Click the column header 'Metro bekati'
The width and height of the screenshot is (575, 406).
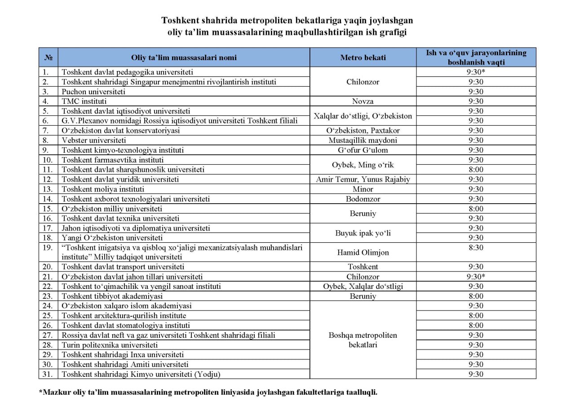tap(363, 57)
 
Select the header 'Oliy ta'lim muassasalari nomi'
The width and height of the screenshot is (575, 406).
tap(183, 57)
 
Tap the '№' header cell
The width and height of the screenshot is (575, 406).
tap(49, 57)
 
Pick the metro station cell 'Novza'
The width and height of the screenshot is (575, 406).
tap(363, 101)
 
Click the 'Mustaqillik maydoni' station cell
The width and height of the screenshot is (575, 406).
tap(363, 140)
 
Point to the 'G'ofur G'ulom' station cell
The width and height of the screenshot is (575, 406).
tap(363, 150)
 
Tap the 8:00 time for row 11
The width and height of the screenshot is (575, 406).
tap(476, 170)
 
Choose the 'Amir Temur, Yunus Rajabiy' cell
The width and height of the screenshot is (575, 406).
tap(363, 179)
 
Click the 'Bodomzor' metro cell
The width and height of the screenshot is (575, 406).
tap(363, 199)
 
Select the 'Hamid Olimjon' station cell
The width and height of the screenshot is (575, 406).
tap(363, 253)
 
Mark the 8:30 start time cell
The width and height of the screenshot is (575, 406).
tap(476, 248)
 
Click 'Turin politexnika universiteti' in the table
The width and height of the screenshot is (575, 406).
tap(110, 345)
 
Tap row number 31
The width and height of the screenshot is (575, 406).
tap(48, 374)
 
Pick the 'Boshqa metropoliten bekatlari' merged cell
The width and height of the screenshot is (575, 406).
tap(363, 340)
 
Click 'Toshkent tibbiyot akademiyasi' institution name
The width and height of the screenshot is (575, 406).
tap(112, 296)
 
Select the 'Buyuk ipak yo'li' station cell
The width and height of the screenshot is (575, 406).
tap(363, 233)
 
